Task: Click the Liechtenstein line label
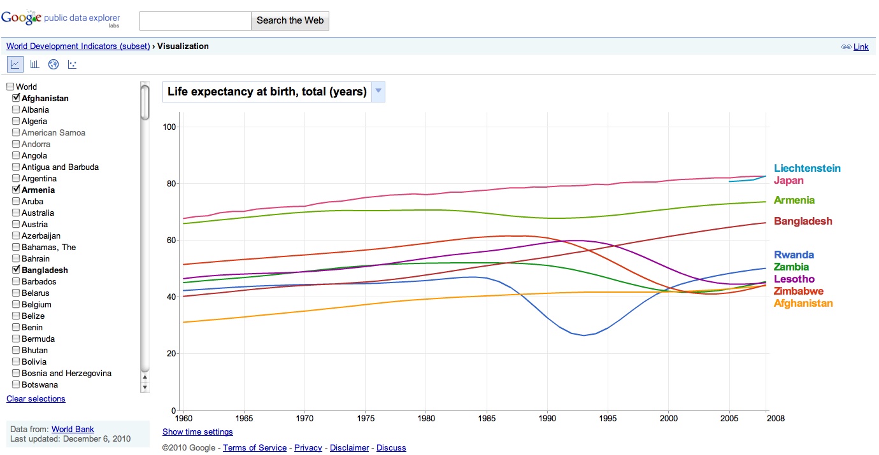[807, 169]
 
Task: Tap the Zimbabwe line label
[798, 291]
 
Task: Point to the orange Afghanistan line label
[803, 304]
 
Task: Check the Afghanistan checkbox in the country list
[16, 99]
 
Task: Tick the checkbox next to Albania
[16, 110]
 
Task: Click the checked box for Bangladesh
[16, 270]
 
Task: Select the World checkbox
[10, 87]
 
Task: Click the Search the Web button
[290, 20]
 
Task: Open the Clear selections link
[36, 399]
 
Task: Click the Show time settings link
[197, 432]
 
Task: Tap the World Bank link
[73, 430]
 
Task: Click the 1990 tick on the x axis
[547, 419]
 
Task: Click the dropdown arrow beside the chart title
[378, 92]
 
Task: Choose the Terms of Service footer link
[255, 448]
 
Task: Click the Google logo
[21, 18]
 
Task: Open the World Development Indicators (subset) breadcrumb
[78, 46]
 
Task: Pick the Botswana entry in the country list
[39, 385]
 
